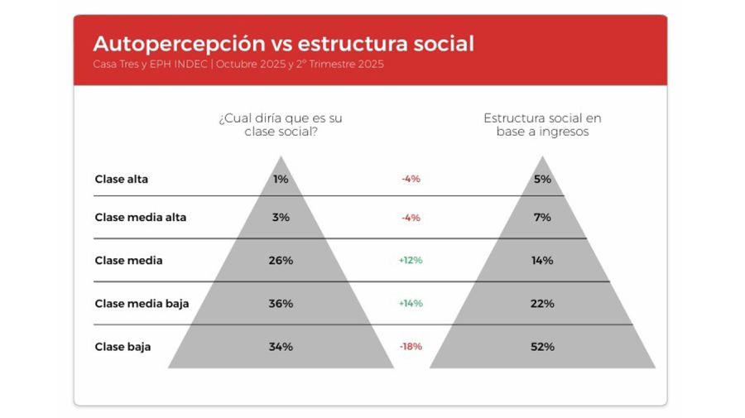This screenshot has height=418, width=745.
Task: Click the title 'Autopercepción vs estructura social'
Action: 283,44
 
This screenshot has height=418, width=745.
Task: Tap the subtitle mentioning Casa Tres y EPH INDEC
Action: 238,65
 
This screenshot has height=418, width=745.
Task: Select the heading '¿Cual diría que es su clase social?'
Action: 281,125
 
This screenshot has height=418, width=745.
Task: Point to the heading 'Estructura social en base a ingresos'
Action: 542,125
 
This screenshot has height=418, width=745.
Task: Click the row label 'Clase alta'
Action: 122,179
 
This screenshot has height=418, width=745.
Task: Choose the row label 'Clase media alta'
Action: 141,218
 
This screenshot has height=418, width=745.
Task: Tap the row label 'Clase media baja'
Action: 142,304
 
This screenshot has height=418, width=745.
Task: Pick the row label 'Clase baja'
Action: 123,347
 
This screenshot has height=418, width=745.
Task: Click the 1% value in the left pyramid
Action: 281,179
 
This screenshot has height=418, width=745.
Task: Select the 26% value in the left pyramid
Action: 281,261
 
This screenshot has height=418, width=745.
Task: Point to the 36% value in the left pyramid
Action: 281,304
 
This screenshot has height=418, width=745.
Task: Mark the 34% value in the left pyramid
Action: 281,347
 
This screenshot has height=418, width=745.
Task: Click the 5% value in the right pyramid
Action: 542,179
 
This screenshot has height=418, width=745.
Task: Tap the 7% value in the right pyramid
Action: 542,218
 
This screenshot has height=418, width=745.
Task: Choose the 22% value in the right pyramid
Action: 542,304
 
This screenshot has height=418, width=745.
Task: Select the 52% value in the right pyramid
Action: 542,347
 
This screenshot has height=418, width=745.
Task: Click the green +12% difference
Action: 411,261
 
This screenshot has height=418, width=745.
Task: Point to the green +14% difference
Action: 411,304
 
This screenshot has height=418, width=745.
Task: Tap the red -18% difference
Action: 411,347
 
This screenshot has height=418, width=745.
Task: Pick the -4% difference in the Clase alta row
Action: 411,179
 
